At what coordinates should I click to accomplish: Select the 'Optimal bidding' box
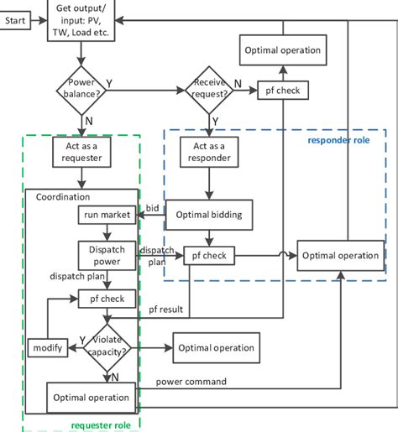coord(209,216)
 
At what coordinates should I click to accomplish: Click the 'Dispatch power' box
coord(102,255)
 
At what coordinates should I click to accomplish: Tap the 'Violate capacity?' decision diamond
coord(107,346)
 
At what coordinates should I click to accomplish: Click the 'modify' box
coord(43,347)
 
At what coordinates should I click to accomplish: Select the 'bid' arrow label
coord(151,207)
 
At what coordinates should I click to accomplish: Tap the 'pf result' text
coord(164,310)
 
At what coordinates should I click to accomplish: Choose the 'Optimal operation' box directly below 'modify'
coord(92,398)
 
